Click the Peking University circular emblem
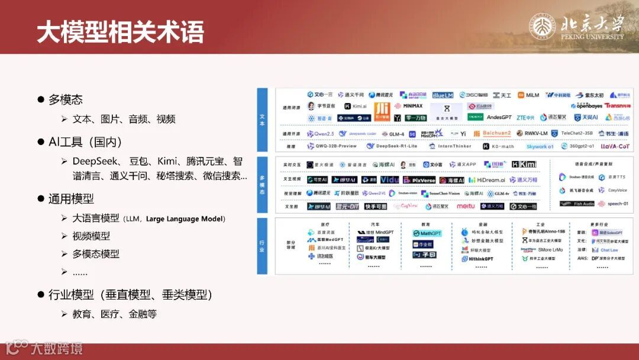[541, 27]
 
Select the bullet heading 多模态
[65, 99]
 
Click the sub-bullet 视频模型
[91, 236]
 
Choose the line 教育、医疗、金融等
[114, 314]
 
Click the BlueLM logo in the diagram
[442, 95]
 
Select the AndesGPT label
[499, 117]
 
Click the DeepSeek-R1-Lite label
[392, 146]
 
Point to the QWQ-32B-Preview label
[332, 146]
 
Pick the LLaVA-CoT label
[615, 146]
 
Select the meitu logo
[465, 206]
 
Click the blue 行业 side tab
[262, 245]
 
